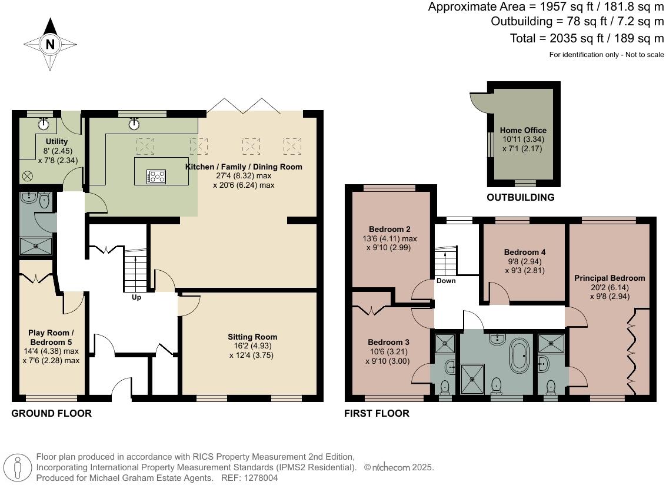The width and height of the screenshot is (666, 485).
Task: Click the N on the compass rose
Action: tap(50, 44)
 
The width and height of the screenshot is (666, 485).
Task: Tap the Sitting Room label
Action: tap(252, 337)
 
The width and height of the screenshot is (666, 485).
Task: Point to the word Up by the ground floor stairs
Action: tap(136, 297)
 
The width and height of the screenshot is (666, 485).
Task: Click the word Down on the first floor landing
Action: tap(446, 281)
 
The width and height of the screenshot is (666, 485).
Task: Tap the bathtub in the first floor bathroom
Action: tap(520, 355)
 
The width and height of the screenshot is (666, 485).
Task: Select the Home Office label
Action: tap(523, 130)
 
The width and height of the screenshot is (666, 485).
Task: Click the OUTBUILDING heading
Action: tap(520, 198)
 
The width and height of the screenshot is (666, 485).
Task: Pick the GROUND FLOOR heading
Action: tap(51, 413)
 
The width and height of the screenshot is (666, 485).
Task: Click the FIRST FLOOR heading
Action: tap(377, 414)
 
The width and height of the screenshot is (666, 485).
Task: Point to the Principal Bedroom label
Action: tap(610, 278)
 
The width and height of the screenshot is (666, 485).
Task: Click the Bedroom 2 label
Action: tap(389, 229)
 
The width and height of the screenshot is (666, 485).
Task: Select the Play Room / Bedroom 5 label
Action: tap(54, 337)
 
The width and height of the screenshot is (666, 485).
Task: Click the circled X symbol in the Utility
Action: tap(27, 176)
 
